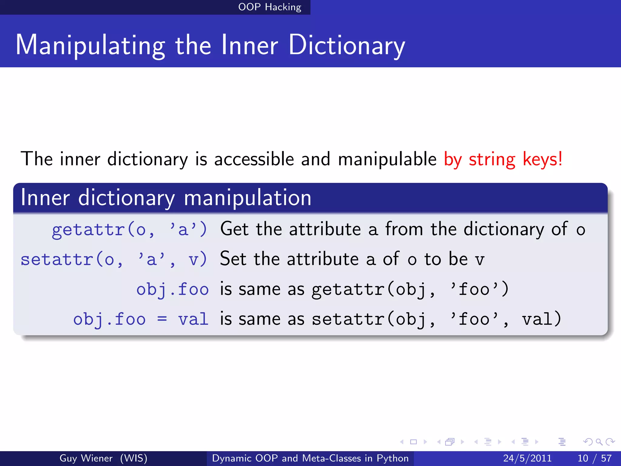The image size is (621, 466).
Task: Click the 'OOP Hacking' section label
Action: (x=270, y=7)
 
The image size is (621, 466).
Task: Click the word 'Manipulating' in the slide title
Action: (x=90, y=46)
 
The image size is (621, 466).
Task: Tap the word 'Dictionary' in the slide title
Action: (x=347, y=46)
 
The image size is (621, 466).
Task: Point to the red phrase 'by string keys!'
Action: (x=503, y=159)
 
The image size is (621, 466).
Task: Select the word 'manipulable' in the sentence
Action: (x=387, y=159)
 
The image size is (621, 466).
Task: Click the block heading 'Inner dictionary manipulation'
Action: (x=166, y=198)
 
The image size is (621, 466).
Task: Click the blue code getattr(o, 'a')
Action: (x=129, y=229)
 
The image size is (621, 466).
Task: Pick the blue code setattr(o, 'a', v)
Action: (x=114, y=259)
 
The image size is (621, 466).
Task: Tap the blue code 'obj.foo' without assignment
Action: (x=172, y=289)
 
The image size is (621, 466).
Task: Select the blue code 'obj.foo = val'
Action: (x=141, y=319)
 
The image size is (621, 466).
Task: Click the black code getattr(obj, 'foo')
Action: (x=410, y=289)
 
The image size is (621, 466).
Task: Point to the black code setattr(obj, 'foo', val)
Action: (x=436, y=319)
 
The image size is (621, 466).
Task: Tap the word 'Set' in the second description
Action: (x=233, y=259)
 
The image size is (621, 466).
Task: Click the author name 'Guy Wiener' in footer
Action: (x=86, y=458)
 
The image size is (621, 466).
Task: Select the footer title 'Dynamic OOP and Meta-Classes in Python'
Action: (x=310, y=458)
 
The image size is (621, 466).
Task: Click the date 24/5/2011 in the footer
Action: (x=527, y=458)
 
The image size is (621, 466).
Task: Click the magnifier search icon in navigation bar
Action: (x=599, y=442)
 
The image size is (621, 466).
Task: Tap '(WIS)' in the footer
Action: (x=133, y=458)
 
